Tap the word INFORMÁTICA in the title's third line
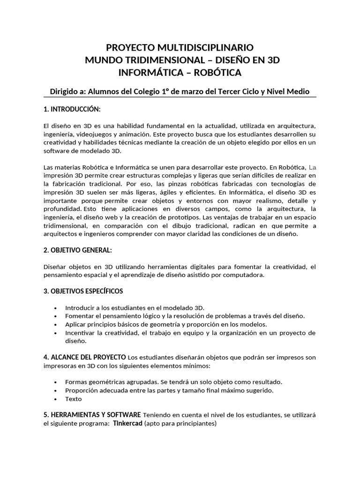148,73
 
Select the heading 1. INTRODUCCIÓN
72,109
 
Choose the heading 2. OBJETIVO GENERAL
77,250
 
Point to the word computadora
244,275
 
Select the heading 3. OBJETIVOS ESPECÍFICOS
83,291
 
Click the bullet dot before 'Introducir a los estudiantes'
56,308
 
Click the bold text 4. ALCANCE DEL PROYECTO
84,358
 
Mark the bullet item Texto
74,399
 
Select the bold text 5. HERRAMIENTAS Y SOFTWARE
92,415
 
